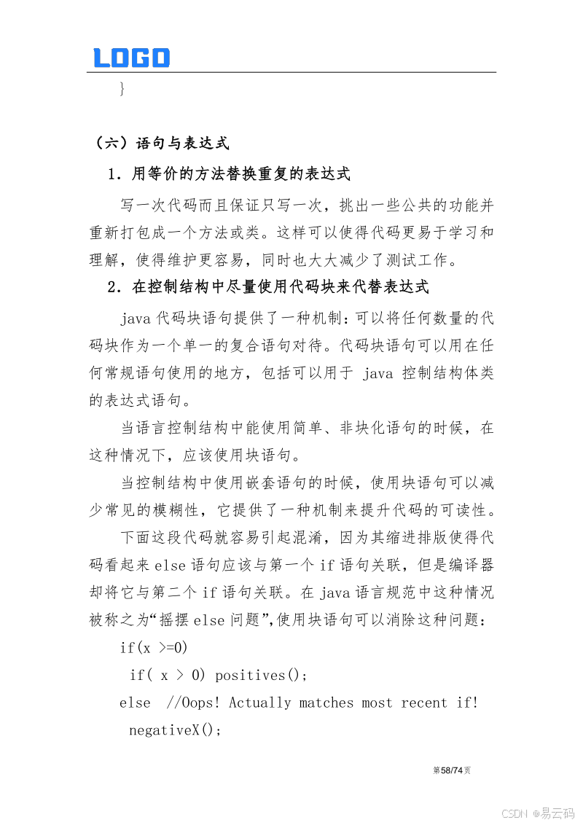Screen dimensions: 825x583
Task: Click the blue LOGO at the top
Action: (x=131, y=58)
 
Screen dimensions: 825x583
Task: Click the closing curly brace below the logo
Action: (x=122, y=89)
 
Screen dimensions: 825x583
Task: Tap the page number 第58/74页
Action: (x=452, y=770)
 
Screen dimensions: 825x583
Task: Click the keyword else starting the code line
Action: (x=135, y=703)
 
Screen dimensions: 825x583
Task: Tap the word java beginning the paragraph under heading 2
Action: (x=136, y=318)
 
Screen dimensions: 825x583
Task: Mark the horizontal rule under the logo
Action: (x=291, y=72)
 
